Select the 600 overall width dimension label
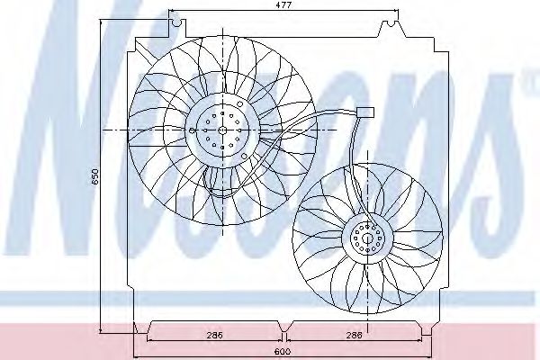pos(281,351)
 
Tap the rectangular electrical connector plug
pos(365,112)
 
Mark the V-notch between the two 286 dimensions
pos(284,324)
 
